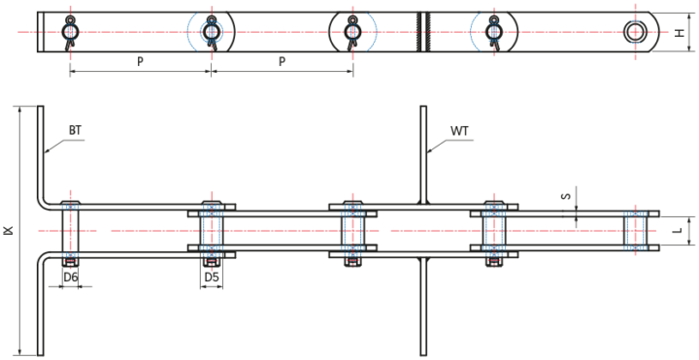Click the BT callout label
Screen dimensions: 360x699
pos(75,129)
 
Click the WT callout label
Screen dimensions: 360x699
pos(459,129)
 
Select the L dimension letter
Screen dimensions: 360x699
pos(678,232)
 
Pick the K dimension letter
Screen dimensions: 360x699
pos(8,231)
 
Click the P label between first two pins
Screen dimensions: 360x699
pos(140,61)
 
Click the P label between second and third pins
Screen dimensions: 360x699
pos(282,61)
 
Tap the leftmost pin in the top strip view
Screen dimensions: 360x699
pos(70,31)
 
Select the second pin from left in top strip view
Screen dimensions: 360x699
pos(211,31)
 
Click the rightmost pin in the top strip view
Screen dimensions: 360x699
pos(635,31)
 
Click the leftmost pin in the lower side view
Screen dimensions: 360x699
pos(70,231)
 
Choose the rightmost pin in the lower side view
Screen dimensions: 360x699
pos(635,231)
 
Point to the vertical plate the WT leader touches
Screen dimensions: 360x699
pos(423,155)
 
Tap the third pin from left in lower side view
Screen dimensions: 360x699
pos(352,231)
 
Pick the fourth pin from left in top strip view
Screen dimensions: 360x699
pos(493,31)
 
